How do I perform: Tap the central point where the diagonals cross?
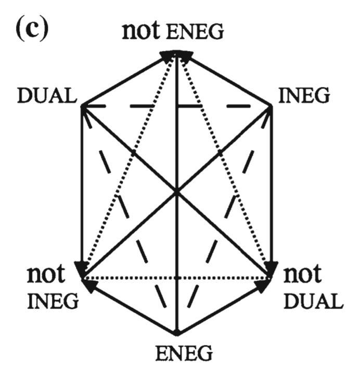177,192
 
